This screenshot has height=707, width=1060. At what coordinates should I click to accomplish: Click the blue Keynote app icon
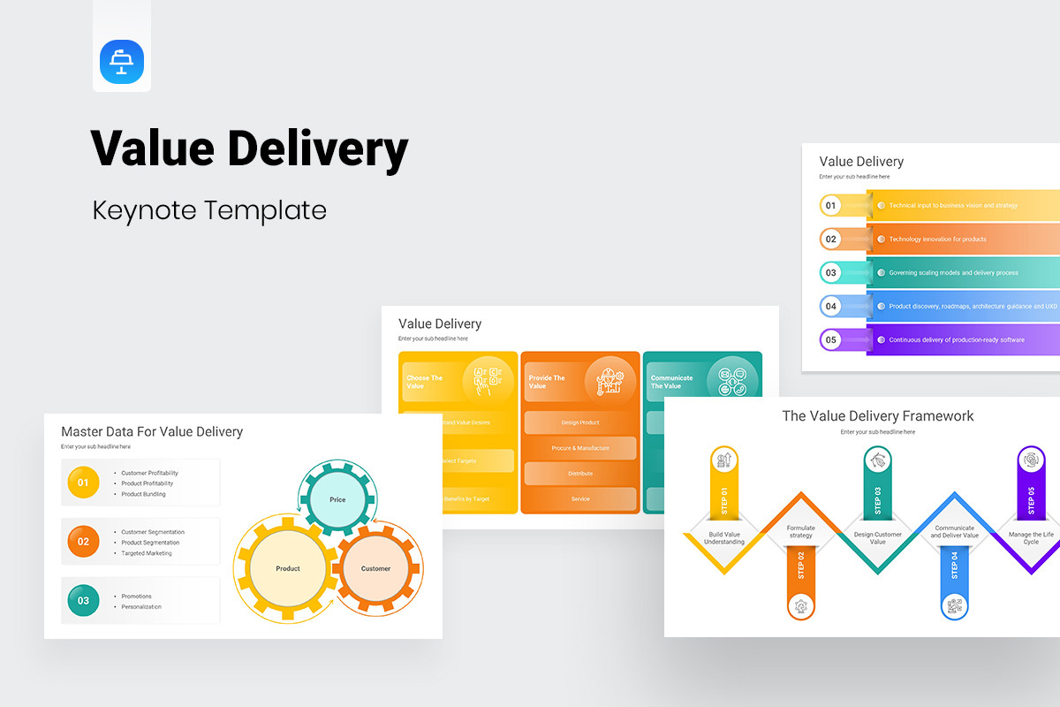tap(122, 62)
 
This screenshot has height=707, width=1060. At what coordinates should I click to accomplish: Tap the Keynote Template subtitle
tap(209, 210)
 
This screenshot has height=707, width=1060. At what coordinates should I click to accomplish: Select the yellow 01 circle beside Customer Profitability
tap(83, 483)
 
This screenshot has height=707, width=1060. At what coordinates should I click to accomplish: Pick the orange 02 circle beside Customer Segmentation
tap(83, 542)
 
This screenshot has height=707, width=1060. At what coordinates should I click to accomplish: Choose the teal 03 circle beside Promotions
tap(83, 601)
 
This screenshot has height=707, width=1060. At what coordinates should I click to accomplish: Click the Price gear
tap(337, 500)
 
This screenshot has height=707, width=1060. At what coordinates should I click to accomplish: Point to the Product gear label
tap(288, 568)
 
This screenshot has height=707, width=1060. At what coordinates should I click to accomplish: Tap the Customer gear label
tap(375, 568)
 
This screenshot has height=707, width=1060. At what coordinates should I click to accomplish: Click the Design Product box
tap(580, 422)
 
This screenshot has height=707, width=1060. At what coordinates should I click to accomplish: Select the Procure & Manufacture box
tap(580, 448)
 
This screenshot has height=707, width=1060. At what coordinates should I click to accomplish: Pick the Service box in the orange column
tap(580, 498)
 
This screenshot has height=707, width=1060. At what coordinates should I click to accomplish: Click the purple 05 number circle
tap(830, 339)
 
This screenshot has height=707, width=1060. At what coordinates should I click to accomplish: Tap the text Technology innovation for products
tap(938, 239)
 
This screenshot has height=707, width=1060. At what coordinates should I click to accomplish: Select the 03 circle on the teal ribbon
tap(830, 273)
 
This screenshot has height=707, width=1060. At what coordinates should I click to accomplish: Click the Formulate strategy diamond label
tap(801, 531)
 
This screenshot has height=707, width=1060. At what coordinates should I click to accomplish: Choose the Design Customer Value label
tap(877, 537)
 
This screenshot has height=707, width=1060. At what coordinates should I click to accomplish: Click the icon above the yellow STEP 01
tap(724, 460)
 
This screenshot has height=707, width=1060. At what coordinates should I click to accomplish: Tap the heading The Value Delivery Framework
tap(878, 416)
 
